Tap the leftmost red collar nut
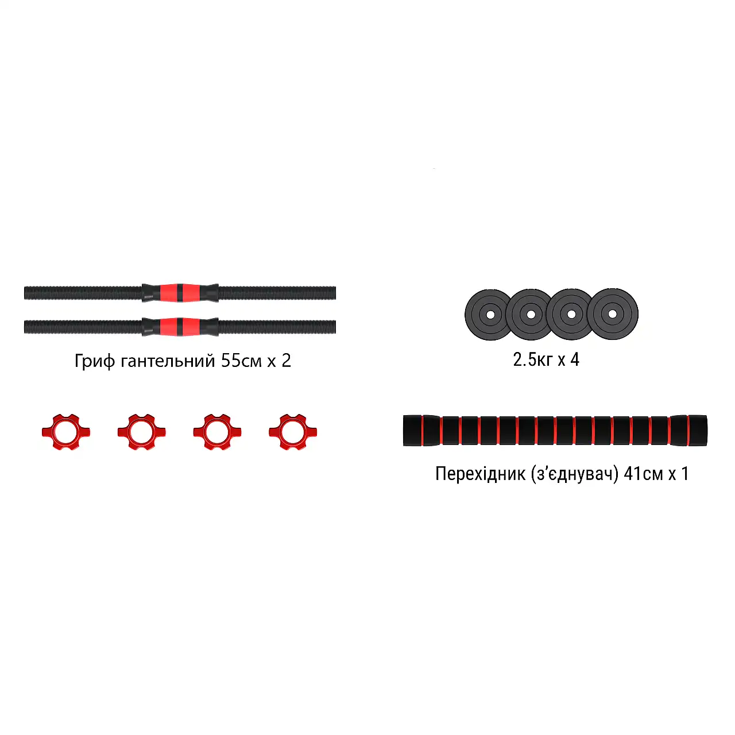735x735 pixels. pyautogui.click(x=66, y=432)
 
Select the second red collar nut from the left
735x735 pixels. pyautogui.click(x=141, y=432)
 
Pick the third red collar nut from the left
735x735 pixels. pyautogui.click(x=217, y=432)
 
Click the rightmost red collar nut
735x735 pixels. pyautogui.click(x=292, y=432)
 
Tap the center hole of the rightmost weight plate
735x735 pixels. pyautogui.click(x=612, y=314)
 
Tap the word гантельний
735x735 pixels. pyautogui.click(x=168, y=361)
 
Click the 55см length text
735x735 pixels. pyautogui.click(x=241, y=361)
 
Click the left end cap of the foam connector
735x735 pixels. pyautogui.click(x=412, y=430)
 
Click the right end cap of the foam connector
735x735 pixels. pyautogui.click(x=698, y=430)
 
